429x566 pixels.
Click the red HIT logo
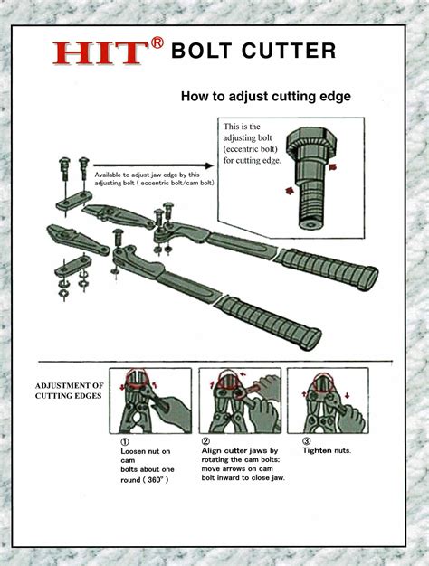click(x=100, y=52)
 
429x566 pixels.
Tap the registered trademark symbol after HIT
click(x=157, y=43)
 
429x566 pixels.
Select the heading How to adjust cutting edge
click(x=265, y=95)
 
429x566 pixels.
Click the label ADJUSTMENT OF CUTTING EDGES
click(x=70, y=391)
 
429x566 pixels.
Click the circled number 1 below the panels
click(x=125, y=441)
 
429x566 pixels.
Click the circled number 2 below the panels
click(x=205, y=441)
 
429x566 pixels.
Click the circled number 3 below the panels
click(x=307, y=441)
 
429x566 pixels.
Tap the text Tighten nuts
click(x=329, y=450)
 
